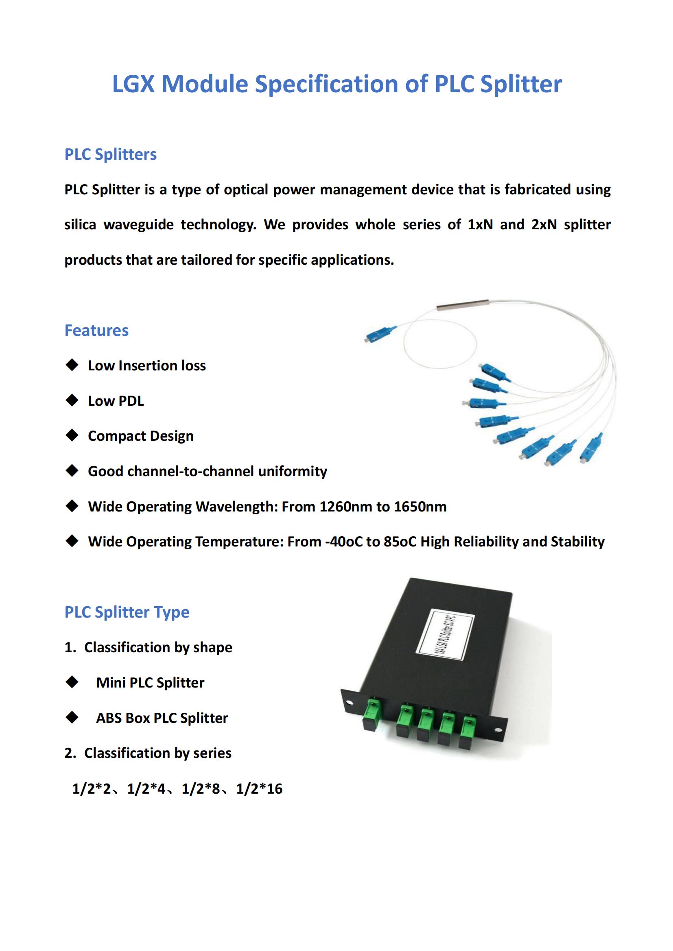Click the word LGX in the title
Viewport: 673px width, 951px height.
(x=133, y=84)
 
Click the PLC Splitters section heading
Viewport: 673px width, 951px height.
(x=110, y=155)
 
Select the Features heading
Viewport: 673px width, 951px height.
(x=96, y=331)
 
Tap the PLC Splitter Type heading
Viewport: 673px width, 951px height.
(x=127, y=612)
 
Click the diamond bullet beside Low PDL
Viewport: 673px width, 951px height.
(x=72, y=400)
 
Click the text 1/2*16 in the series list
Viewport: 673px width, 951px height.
(x=259, y=789)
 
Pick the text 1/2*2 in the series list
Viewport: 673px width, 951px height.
(x=91, y=789)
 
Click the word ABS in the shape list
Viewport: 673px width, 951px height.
(x=109, y=718)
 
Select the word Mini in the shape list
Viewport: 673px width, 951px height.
(x=111, y=683)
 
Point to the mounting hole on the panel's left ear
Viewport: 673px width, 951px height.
(x=349, y=703)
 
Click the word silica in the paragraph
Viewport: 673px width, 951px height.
(x=80, y=225)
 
